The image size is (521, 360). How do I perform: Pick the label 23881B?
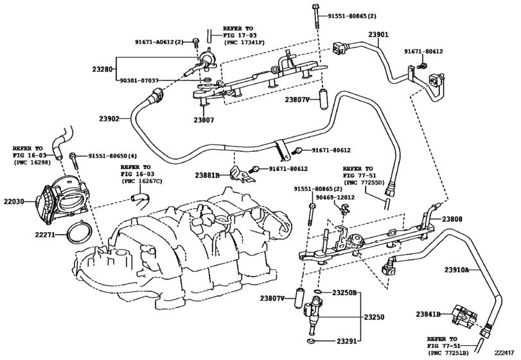(x=209, y=174)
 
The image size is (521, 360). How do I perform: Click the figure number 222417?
(x=506, y=352)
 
